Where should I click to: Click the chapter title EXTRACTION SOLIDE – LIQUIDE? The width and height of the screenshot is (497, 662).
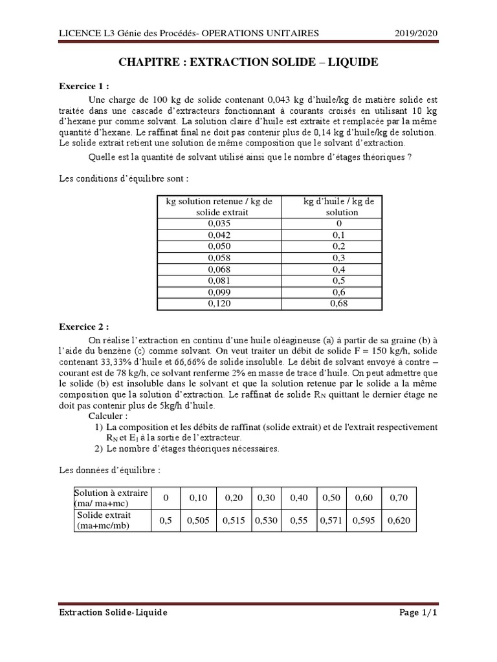click(248, 62)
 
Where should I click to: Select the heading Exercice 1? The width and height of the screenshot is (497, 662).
click(84, 85)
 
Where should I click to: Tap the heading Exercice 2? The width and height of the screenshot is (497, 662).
click(84, 326)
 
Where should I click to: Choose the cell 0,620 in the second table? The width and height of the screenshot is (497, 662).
click(399, 520)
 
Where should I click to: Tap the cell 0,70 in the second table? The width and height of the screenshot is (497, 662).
click(399, 498)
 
